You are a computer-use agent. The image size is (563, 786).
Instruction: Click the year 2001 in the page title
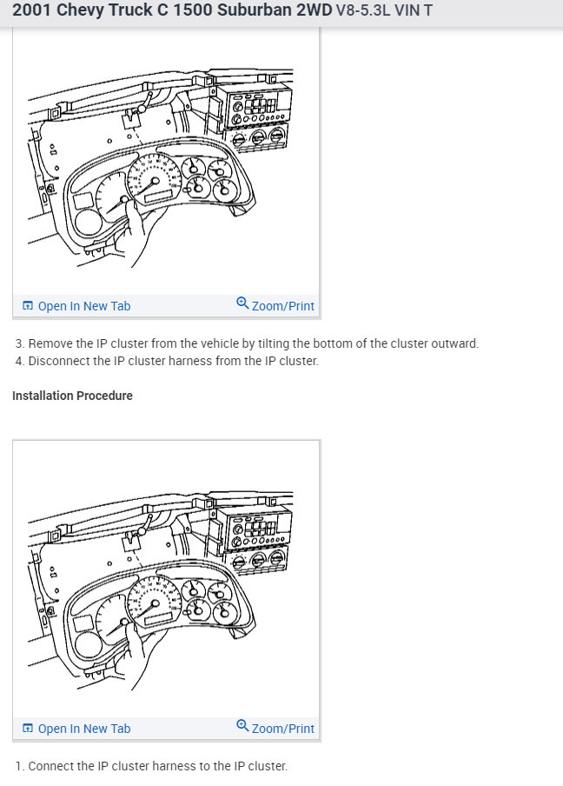[x=32, y=11]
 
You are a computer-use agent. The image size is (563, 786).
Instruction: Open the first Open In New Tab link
[x=83, y=306]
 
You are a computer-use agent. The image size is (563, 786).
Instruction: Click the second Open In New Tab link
[x=83, y=729]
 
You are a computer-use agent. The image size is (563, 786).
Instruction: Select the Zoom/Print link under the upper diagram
[x=282, y=306]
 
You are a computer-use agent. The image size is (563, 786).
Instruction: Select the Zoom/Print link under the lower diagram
[x=282, y=729]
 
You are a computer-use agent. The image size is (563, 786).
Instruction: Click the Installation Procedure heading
[x=72, y=396]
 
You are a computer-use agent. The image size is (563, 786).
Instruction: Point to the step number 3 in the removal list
[x=19, y=343]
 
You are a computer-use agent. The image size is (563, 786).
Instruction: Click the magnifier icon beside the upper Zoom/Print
[x=242, y=303]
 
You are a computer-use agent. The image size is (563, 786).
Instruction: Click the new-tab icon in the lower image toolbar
[x=28, y=729]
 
